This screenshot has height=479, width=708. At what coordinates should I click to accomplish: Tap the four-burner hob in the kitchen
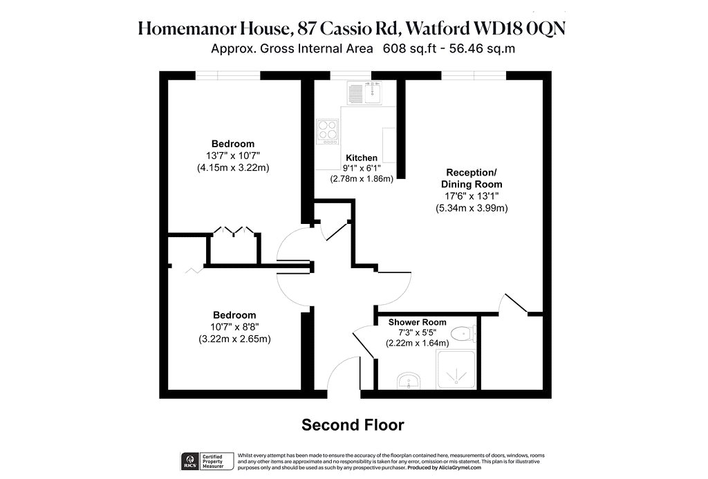(327, 131)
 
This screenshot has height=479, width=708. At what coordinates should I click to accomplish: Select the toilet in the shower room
(463, 334)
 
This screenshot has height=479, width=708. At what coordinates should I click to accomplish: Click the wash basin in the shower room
(409, 381)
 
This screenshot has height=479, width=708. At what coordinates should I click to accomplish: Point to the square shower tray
(456, 370)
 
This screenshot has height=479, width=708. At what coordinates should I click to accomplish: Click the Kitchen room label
(361, 158)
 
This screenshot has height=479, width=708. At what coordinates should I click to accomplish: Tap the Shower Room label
(417, 322)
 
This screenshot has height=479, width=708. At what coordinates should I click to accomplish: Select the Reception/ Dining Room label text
(472, 178)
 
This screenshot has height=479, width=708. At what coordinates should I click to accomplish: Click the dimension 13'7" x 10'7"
(233, 156)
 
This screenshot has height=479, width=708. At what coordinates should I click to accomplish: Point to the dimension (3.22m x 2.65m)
(234, 339)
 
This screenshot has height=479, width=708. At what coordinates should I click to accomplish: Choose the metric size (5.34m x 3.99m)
(472, 208)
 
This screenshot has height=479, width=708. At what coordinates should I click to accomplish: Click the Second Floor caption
(353, 425)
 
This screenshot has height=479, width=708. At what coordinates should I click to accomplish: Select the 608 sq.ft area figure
(409, 48)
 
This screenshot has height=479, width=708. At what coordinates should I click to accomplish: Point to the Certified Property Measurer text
(213, 462)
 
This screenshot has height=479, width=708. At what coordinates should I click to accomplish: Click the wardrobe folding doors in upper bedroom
(234, 232)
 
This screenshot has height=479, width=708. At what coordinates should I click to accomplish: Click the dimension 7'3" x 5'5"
(417, 332)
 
